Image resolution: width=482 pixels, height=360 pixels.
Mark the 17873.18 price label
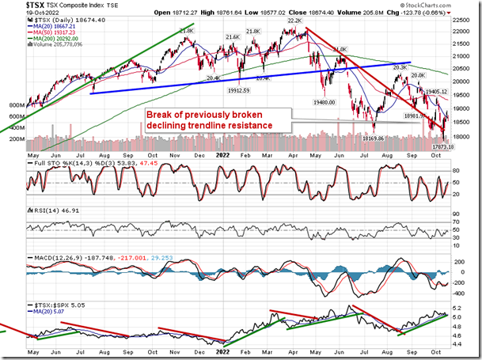pos(442,146)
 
